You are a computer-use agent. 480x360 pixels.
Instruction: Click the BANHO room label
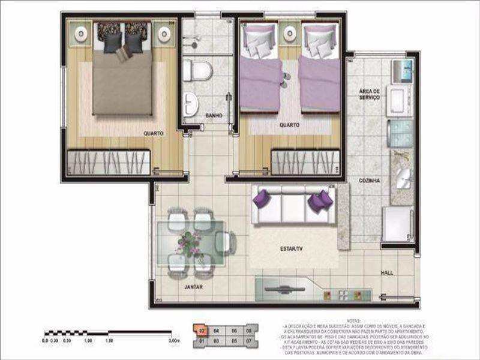pos(213,115)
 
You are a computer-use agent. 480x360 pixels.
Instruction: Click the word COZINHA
pos(369,179)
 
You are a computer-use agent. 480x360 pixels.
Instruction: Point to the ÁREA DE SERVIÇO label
pos(369,94)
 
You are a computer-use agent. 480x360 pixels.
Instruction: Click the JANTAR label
pos(193,287)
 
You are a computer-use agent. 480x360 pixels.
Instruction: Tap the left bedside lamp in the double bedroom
pos(80,34)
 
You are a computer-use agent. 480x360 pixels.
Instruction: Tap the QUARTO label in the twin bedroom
pos(289,125)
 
